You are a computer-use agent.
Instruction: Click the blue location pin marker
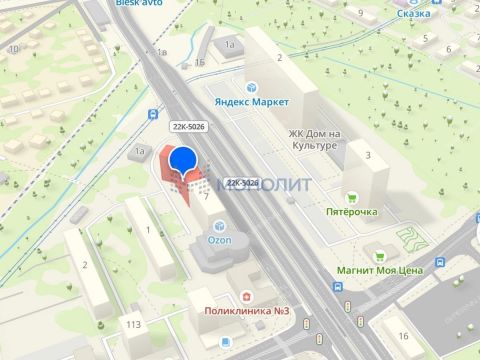[x=183, y=163]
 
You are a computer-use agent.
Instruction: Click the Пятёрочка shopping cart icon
[x=351, y=197]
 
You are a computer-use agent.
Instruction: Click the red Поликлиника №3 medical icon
[x=246, y=298]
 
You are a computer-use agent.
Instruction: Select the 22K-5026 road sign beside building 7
[x=242, y=183]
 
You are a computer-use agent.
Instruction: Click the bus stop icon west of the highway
[x=152, y=114]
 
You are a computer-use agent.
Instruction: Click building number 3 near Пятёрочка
[x=368, y=155]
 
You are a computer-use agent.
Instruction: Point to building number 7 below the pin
[x=207, y=196]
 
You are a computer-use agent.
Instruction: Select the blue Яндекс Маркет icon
[x=250, y=86]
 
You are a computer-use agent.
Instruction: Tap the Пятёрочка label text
[x=351, y=212]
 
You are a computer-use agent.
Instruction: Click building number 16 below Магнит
[x=404, y=334]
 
